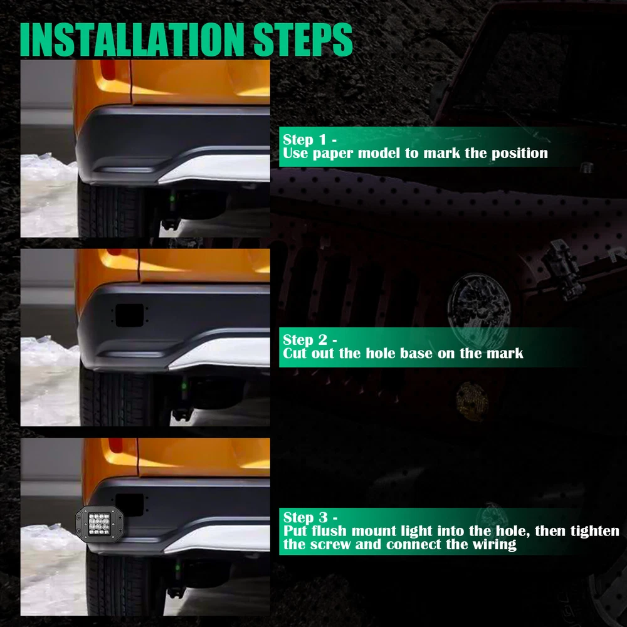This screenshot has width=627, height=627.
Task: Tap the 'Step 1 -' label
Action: [x=310, y=140]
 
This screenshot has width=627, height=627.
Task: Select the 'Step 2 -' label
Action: [x=310, y=340]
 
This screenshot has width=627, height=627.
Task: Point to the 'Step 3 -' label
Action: [x=310, y=517]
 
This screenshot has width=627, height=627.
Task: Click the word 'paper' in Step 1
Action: [x=333, y=154]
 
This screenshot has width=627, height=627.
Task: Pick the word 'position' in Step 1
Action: [x=519, y=154]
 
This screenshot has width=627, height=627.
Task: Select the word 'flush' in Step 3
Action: [x=330, y=530]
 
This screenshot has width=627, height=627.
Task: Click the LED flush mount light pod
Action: [x=99, y=524]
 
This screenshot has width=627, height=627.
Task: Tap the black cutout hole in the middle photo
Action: [x=129, y=315]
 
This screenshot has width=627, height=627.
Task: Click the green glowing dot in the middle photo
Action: [x=184, y=386]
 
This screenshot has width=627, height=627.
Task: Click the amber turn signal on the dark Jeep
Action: [x=472, y=401]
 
